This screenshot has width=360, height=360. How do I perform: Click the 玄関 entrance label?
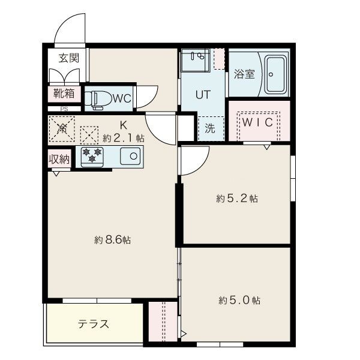coord(68,58)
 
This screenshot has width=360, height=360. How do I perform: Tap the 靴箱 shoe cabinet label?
coord(64,93)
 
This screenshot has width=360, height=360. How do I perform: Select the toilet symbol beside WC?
coord(97,98)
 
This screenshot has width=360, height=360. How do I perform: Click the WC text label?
coord(122,98)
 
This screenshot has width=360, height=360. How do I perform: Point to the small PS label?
coord(63,109)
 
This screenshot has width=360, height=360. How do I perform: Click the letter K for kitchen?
coord(123,125)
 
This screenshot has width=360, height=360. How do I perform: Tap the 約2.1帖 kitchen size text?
coord(124,137)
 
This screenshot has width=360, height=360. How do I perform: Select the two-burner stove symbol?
coord(92,157)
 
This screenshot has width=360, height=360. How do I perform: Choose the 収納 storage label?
coord(59,159)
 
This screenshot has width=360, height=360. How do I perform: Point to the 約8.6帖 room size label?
coord(112,240)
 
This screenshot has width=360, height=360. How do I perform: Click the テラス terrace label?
coord(93,324)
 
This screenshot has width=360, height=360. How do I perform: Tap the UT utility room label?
coord(202,94)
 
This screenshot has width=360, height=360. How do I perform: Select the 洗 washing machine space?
coord(210,127)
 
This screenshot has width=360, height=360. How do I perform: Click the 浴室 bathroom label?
coord(244,75)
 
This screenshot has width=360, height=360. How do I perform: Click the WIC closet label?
coord(259,121)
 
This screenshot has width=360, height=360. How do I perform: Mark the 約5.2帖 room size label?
coord(237,199)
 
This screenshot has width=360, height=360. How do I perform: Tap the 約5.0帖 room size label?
coord(239,300)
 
